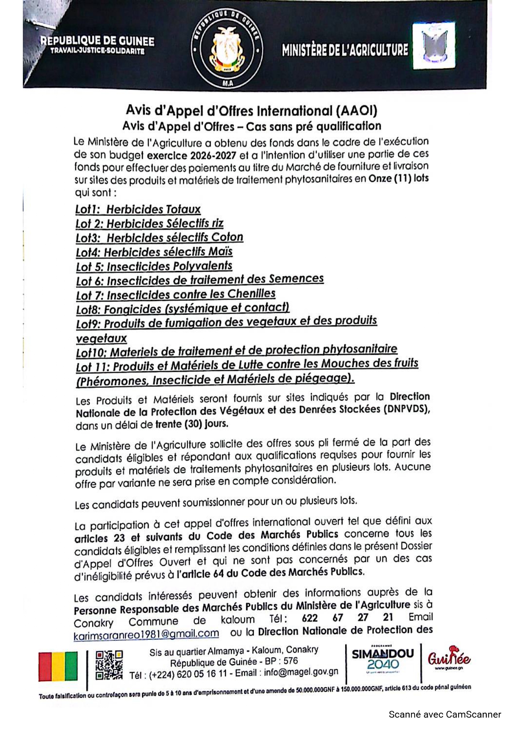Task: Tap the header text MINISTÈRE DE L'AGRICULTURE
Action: (345, 50)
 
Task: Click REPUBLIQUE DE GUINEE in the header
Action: (97, 41)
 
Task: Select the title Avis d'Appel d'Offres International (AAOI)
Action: (251, 111)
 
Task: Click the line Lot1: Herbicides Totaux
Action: (138, 209)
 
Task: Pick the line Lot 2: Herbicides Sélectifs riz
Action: (150, 223)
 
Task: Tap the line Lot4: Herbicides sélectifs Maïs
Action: (154, 252)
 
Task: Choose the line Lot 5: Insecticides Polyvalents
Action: (154, 266)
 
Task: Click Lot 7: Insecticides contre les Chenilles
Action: (176, 295)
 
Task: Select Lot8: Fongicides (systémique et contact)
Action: (183, 309)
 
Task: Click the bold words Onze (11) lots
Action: (398, 179)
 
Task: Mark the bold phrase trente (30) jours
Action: (191, 424)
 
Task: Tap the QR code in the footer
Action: (109, 665)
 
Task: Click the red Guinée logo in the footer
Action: (449, 659)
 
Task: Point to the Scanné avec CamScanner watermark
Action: (445, 714)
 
